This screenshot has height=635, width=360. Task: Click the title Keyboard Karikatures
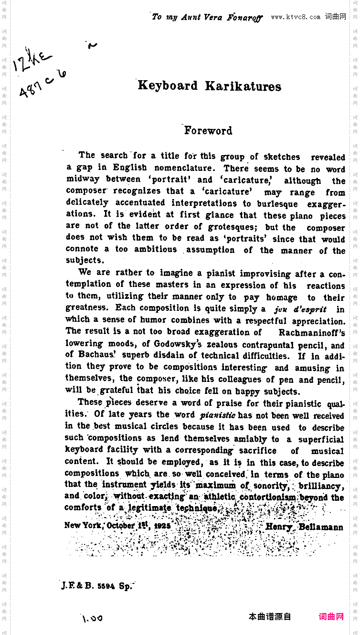tap(210, 86)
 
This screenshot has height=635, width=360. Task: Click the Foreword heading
tap(208, 130)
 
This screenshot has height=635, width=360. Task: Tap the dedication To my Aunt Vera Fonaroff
tap(207, 17)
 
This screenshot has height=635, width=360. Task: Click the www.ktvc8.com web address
tap(296, 17)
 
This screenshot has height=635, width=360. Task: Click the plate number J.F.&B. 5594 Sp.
tap(96, 586)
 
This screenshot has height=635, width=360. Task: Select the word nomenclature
tap(184, 168)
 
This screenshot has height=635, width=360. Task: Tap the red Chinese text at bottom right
tap(331, 616)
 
